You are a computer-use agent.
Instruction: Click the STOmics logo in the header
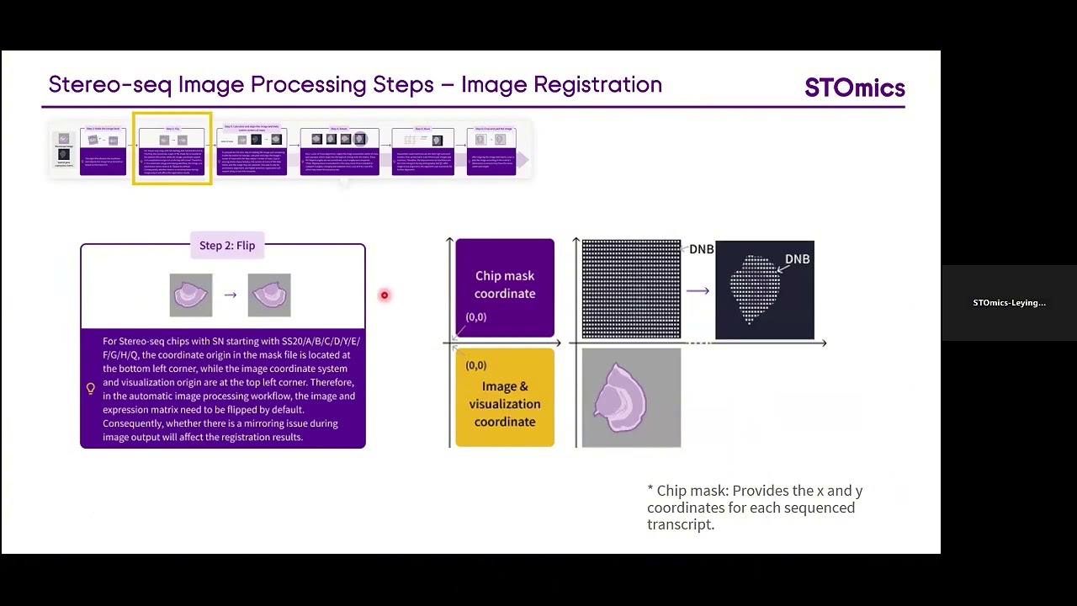pos(854,88)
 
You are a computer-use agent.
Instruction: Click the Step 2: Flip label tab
pos(226,246)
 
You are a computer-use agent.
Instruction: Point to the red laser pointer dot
pos(385,295)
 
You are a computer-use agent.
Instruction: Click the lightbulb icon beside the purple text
pos(91,389)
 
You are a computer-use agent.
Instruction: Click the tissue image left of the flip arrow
pos(191,295)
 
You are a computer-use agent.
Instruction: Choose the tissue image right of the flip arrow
pos(269,295)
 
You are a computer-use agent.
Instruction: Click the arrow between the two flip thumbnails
pos(230,295)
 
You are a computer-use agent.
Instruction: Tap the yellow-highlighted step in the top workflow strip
pos(172,149)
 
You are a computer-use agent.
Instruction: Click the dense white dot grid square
pos(631,289)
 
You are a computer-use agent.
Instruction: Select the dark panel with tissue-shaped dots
pos(764,290)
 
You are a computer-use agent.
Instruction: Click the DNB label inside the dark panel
pos(797,259)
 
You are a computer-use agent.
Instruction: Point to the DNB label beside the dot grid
pos(701,249)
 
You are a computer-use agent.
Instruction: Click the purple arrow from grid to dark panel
pos(698,290)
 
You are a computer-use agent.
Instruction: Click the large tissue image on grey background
pos(631,398)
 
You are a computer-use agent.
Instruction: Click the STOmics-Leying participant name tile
pos(1009,303)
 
